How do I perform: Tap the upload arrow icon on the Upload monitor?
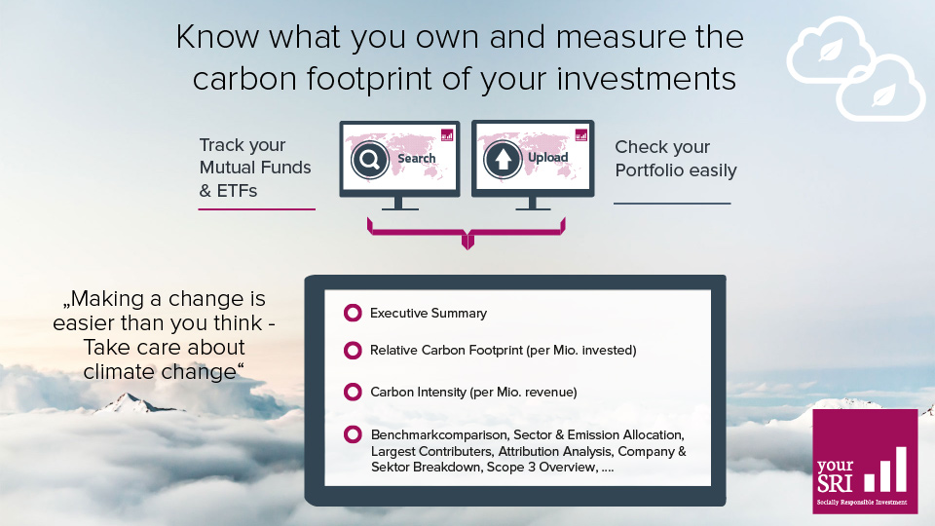tap(504, 159)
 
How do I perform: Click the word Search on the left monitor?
tap(417, 158)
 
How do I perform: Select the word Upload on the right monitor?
tap(547, 158)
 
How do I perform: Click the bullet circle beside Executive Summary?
tap(353, 314)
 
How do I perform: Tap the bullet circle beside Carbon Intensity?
tap(353, 393)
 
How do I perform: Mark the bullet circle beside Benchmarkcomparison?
tap(353, 434)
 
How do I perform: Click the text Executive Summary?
tap(429, 314)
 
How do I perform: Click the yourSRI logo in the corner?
tap(865, 461)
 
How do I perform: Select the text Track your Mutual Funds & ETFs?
tap(255, 168)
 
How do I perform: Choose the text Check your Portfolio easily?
tap(676, 159)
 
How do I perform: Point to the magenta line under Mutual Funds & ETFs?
tap(256, 208)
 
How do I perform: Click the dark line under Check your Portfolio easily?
tap(672, 204)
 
